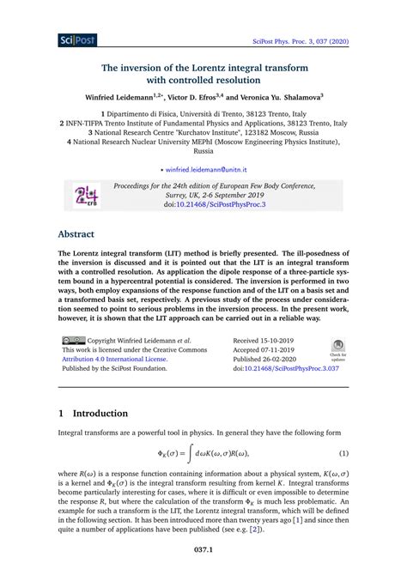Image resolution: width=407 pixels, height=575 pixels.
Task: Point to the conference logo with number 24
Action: (x=85, y=195)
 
